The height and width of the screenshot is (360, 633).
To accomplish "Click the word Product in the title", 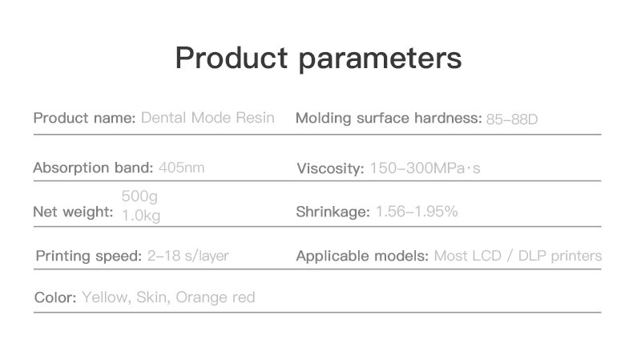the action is point(232,58).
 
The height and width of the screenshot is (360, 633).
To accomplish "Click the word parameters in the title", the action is point(380,59).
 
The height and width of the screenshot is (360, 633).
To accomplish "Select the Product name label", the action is point(84,118).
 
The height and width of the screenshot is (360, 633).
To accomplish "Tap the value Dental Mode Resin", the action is point(208,118).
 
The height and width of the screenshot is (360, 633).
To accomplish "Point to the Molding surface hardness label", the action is point(389,118).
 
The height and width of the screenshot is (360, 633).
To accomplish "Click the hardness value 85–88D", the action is point(512,119).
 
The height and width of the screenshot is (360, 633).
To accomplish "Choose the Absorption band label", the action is point(93,168).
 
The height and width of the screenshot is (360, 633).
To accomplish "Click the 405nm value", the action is point(182,168).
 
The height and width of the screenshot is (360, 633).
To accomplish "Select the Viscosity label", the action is point(330,168).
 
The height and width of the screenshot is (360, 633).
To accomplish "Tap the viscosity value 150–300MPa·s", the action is point(425,168).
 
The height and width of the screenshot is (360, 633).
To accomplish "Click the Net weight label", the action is point(73,212).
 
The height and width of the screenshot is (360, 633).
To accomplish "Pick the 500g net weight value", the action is point(139,196).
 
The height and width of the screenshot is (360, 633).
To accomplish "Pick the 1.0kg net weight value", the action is point(141,216).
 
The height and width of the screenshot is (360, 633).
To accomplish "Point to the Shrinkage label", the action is point(333,212).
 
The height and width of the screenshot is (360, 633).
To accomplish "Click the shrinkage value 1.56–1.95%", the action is point(417,212).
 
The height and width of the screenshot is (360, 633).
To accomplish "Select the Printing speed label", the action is point(89,256).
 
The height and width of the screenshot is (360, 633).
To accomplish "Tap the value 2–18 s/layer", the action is point(188,256).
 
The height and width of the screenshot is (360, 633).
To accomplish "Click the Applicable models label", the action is point(362,256).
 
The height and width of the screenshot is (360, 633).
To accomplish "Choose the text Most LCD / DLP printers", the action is point(518,256).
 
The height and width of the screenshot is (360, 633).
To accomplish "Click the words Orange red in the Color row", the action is point(216,297).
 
